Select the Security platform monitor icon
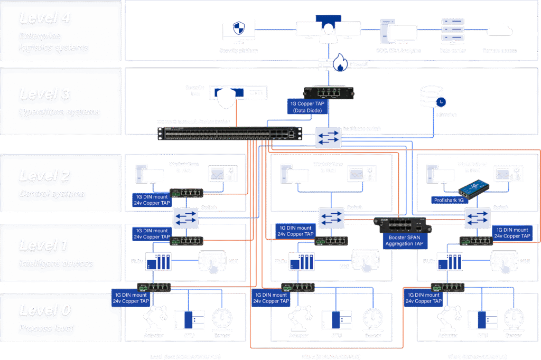(238, 32)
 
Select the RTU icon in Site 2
(337, 320)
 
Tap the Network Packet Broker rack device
(230, 134)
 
